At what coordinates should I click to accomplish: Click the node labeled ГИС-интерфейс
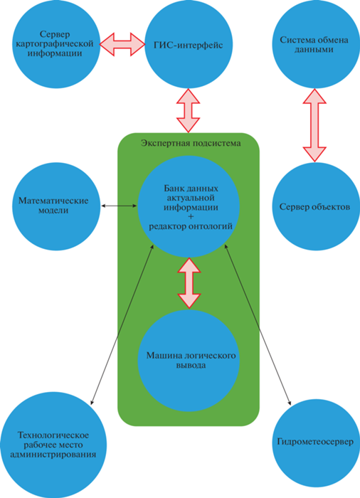click(189, 44)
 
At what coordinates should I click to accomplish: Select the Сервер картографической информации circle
click(56, 44)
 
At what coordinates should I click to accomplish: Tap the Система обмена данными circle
click(314, 44)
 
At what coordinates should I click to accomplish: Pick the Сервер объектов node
click(314, 206)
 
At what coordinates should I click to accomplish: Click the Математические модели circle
click(56, 206)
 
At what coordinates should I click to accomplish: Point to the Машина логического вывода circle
click(189, 361)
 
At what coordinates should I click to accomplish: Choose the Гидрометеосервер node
click(315, 443)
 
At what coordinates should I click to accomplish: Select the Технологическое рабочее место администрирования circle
click(53, 445)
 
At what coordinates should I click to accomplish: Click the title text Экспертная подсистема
click(191, 143)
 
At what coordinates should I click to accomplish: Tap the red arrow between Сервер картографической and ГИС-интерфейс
click(122, 44)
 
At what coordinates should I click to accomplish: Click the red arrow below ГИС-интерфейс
click(188, 110)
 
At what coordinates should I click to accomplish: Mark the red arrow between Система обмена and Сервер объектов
click(314, 125)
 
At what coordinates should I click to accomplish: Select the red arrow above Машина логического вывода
click(189, 282)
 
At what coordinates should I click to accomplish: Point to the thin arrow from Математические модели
click(119, 206)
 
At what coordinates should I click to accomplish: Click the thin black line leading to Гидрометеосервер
click(258, 324)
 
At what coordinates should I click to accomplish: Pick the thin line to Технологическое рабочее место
click(122, 324)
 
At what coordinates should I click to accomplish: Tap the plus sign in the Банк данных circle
click(191, 217)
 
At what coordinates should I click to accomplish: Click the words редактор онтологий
click(191, 226)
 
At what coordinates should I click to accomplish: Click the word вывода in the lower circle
click(191, 365)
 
